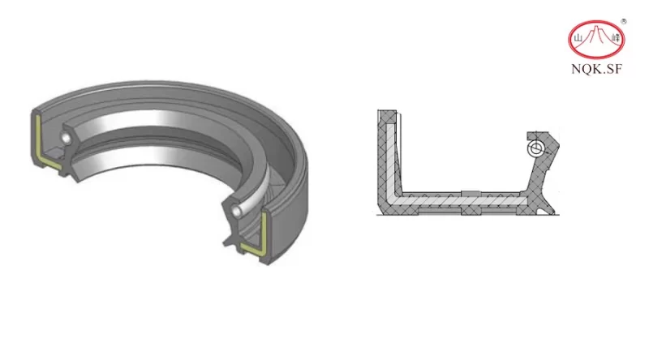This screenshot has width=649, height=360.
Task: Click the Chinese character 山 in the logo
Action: pyautogui.click(x=578, y=37)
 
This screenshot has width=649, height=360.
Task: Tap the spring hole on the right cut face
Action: pyautogui.click(x=234, y=211)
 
